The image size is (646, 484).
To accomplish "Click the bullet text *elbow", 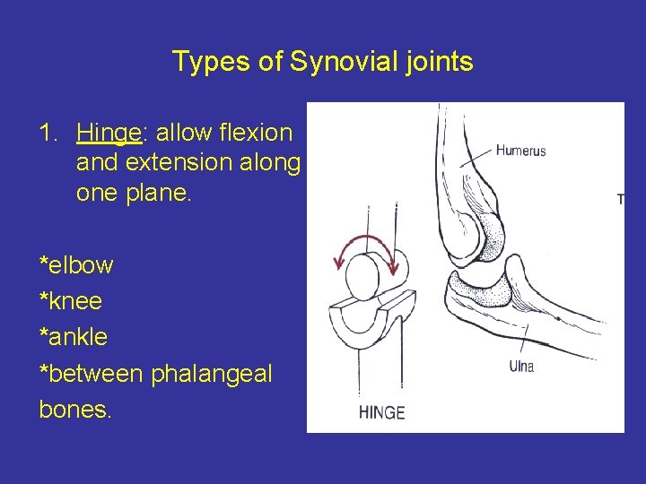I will (x=76, y=265).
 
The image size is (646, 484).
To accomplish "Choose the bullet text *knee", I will (x=73, y=301).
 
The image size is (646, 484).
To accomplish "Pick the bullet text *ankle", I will (x=74, y=337).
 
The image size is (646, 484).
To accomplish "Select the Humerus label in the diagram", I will (x=520, y=151).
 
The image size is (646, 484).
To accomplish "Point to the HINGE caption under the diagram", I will (x=381, y=413).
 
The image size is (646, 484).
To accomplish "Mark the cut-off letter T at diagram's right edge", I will (x=620, y=199).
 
